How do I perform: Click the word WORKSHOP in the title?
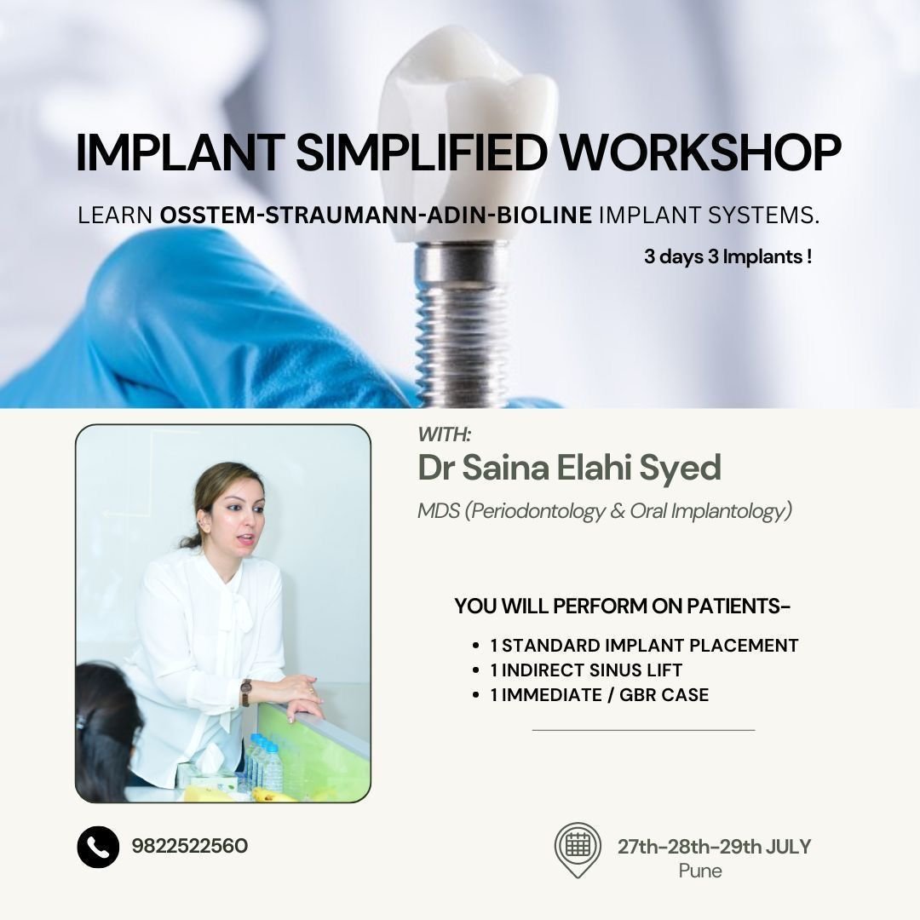pyautogui.click(x=700, y=152)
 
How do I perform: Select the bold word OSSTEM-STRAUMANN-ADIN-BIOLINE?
pyautogui.click(x=376, y=216)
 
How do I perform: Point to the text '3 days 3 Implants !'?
pyautogui.click(x=728, y=257)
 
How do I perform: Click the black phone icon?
pyautogui.click(x=98, y=846)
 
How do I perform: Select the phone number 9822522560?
pyautogui.click(x=189, y=846)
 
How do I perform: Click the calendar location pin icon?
pyautogui.click(x=578, y=849)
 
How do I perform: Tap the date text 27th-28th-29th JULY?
pyautogui.click(x=714, y=847)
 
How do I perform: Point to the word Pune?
pyautogui.click(x=700, y=871)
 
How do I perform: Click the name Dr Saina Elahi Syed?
pyautogui.click(x=569, y=468)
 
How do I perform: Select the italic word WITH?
pyautogui.click(x=444, y=434)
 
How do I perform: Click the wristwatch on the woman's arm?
pyautogui.click(x=246, y=693)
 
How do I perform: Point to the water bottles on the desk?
pyautogui.click(x=265, y=762)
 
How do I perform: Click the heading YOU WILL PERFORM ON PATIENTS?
pyautogui.click(x=623, y=607)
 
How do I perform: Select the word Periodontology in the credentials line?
pyautogui.click(x=538, y=511)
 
